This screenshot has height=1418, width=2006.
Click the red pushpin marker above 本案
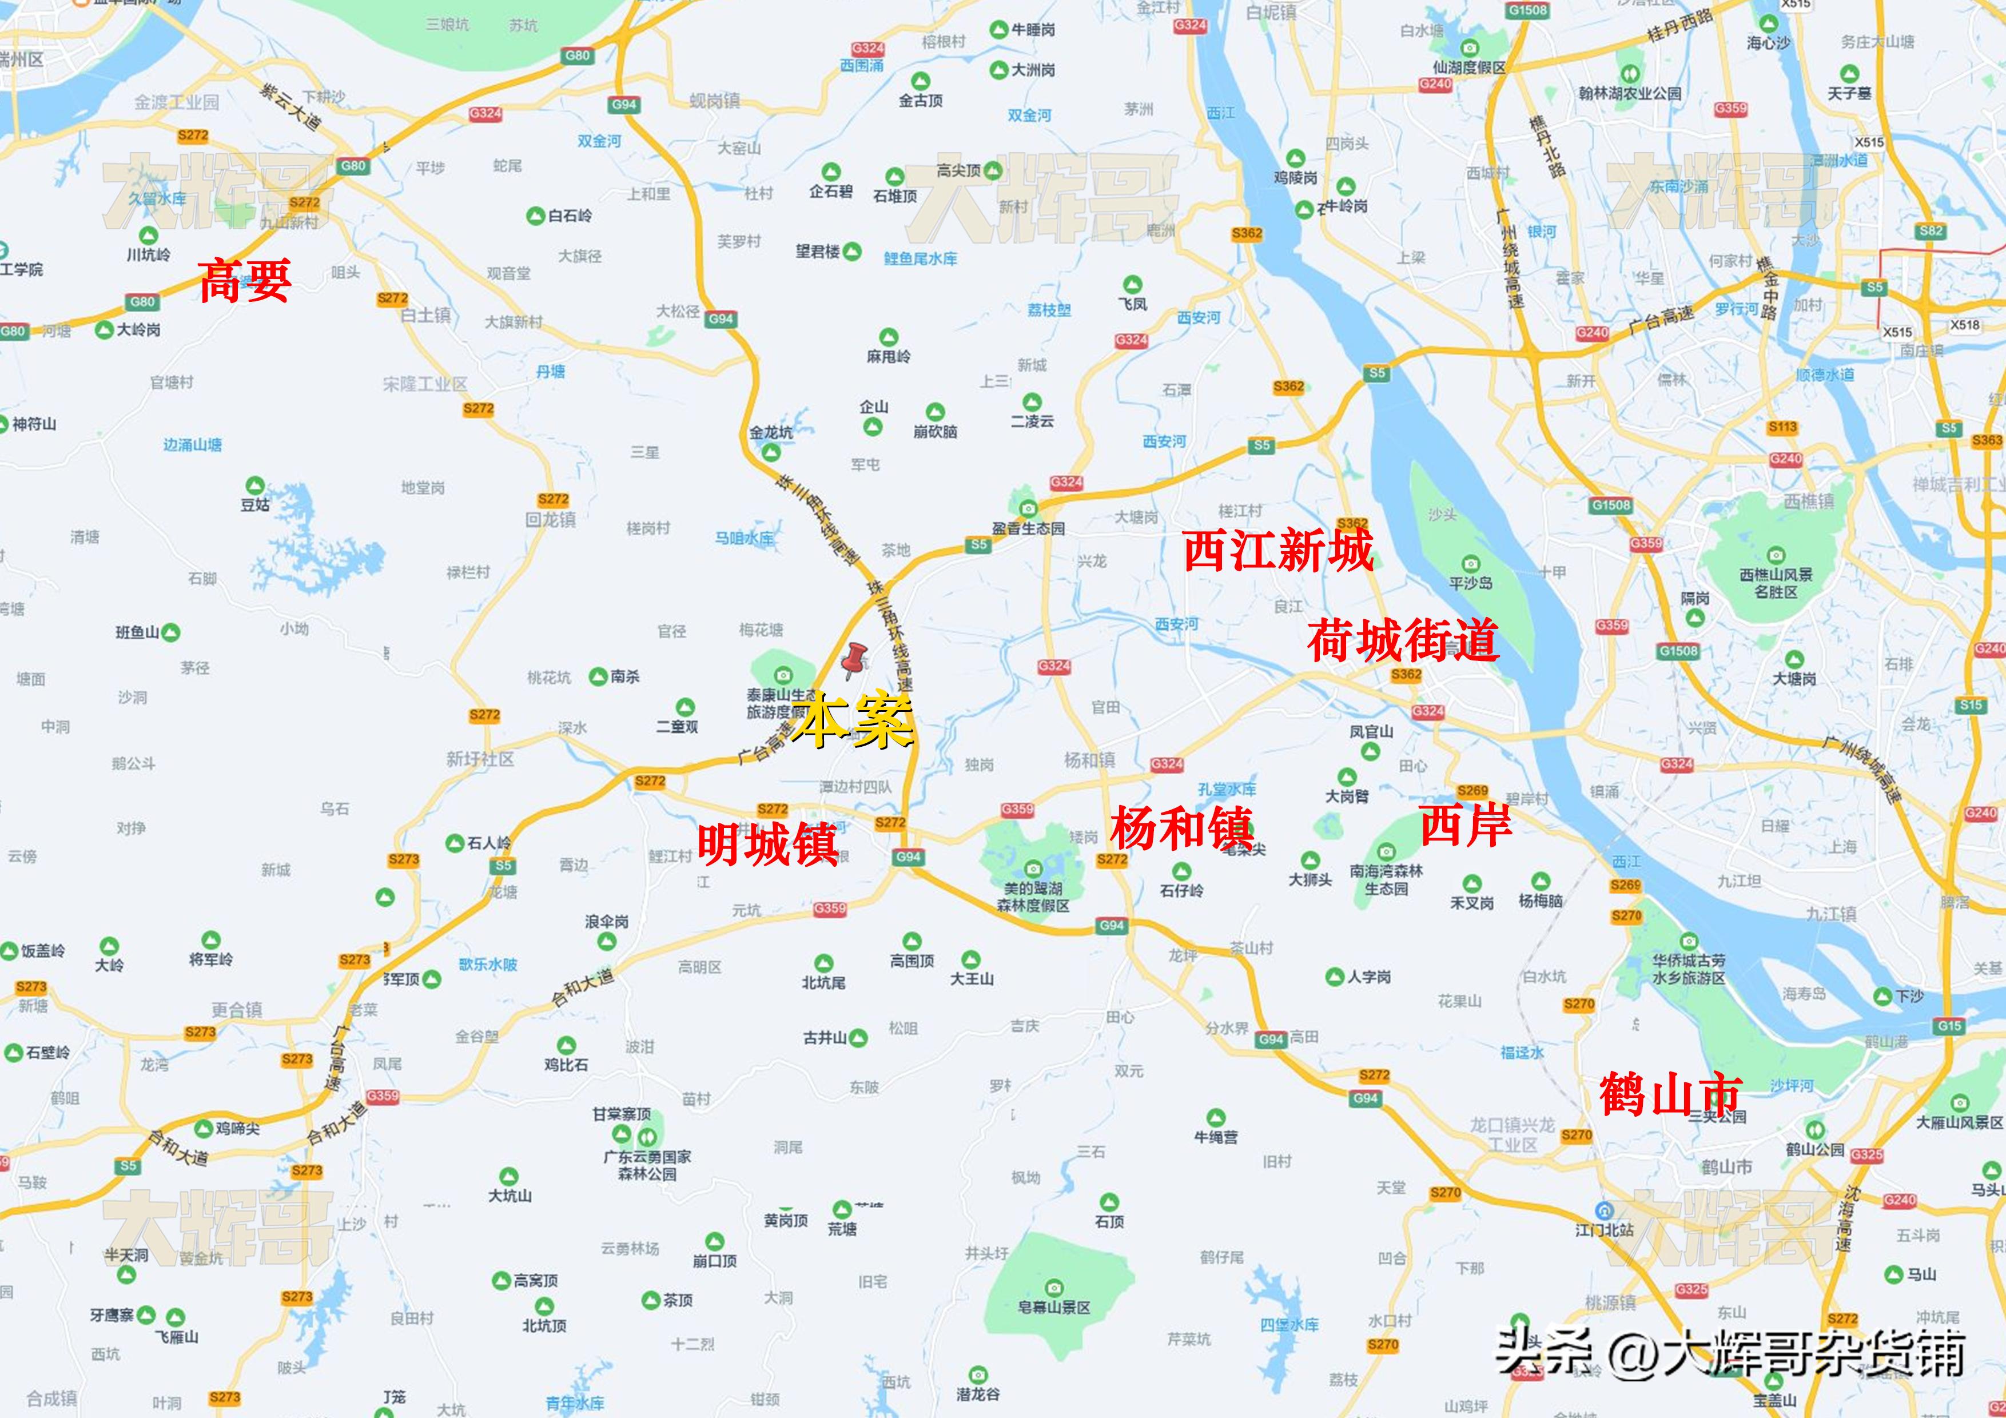(x=854, y=660)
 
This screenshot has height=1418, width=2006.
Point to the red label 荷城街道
(x=1402, y=640)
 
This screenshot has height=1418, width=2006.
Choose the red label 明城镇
(x=768, y=843)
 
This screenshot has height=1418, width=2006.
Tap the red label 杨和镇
(x=1181, y=827)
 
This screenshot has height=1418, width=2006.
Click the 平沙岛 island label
(x=1470, y=583)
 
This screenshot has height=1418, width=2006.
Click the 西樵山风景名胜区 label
(x=1776, y=583)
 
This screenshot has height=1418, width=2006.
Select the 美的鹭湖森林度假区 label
(x=1033, y=897)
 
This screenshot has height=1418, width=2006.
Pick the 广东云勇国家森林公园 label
(x=647, y=1165)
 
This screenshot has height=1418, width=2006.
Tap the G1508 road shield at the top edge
(x=1526, y=10)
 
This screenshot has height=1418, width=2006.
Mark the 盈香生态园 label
(x=1028, y=528)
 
